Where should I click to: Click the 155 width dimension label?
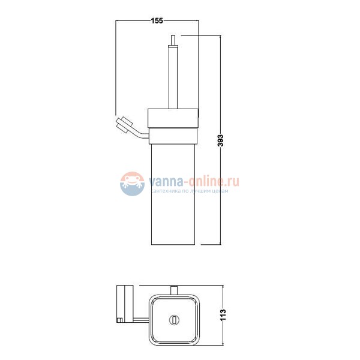[x=157, y=20]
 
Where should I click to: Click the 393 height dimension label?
[x=220, y=140]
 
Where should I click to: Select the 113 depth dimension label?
[x=223, y=315]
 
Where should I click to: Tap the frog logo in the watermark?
[x=132, y=184]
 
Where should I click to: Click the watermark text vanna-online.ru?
[x=194, y=181]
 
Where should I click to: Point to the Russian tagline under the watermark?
[x=190, y=191]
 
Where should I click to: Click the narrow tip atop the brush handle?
[x=173, y=40]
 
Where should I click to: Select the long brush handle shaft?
[x=173, y=77]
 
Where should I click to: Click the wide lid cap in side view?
[x=173, y=118]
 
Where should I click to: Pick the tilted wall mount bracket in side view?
[x=124, y=125]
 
